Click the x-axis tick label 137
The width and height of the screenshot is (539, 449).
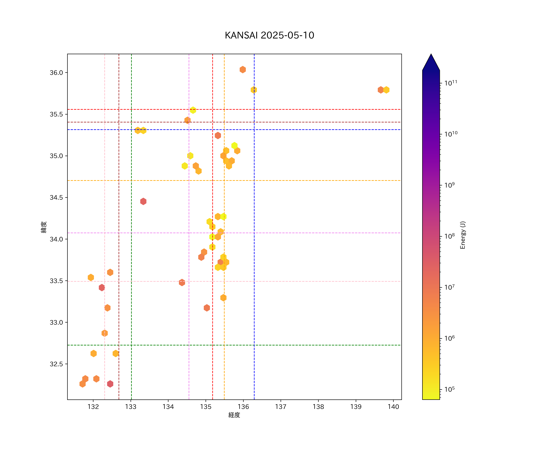click(281, 407)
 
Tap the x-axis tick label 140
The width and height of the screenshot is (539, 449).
click(393, 407)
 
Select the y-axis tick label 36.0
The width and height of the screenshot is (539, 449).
click(56, 73)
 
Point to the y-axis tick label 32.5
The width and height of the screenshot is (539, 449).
click(56, 364)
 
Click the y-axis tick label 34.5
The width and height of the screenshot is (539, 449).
click(56, 198)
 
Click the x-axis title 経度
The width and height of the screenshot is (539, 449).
click(234, 415)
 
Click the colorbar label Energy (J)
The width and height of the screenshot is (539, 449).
click(462, 235)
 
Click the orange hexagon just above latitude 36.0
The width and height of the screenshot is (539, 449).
click(243, 70)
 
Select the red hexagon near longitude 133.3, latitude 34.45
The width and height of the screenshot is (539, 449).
click(143, 201)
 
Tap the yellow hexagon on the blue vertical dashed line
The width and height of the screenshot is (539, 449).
click(254, 90)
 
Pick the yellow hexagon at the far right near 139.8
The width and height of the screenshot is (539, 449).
click(386, 90)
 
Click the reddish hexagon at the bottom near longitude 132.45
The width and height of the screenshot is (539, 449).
click(110, 384)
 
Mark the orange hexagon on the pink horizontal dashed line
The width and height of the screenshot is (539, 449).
click(182, 282)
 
